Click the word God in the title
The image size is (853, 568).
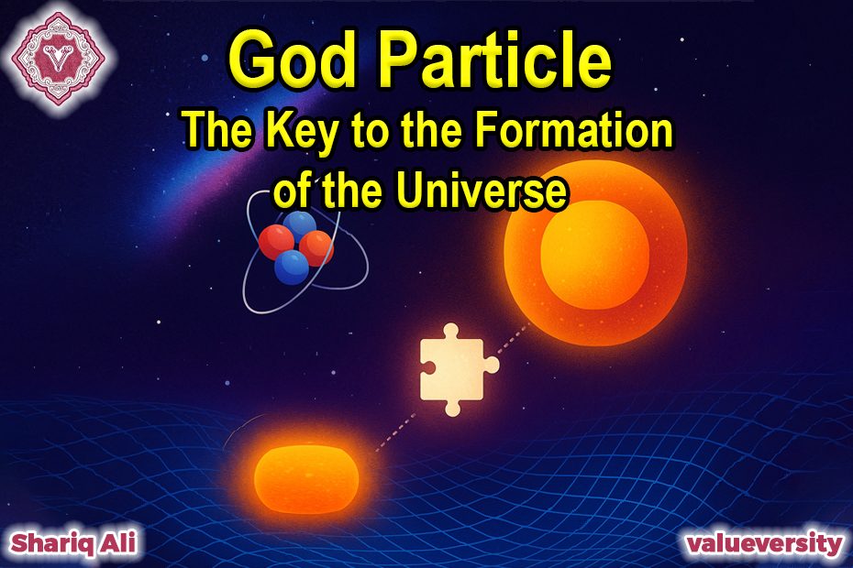(x=293, y=60)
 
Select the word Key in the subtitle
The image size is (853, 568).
(x=302, y=132)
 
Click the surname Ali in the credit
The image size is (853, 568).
(x=119, y=542)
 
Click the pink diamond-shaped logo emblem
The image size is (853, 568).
(x=59, y=58)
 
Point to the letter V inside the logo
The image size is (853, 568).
(x=59, y=58)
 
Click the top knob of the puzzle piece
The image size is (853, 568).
(x=450, y=331)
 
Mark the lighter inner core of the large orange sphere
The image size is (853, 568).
(x=594, y=255)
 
